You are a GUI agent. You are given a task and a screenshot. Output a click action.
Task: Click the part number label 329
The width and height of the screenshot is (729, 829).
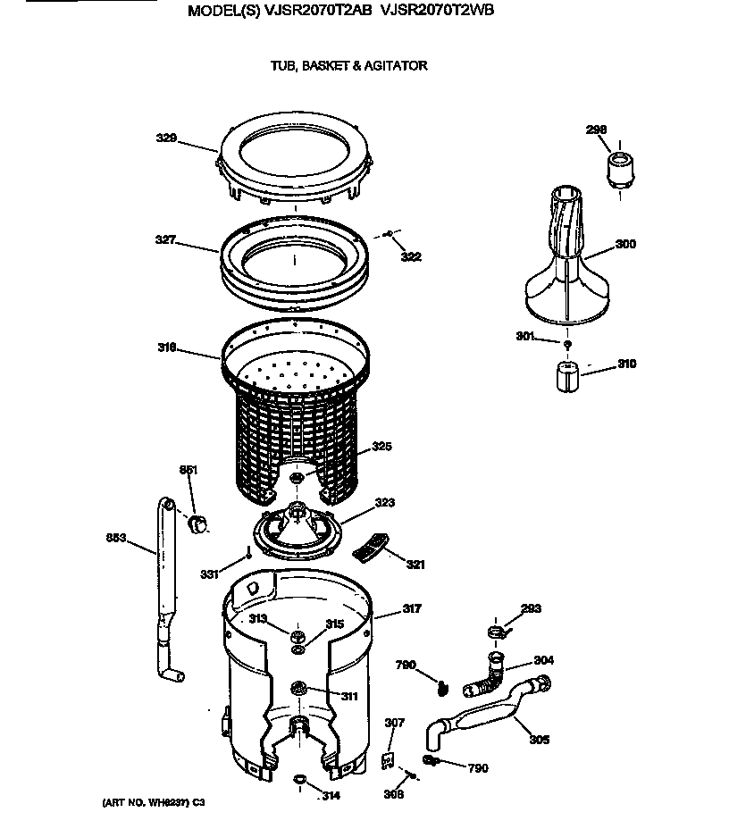pyautogui.click(x=166, y=138)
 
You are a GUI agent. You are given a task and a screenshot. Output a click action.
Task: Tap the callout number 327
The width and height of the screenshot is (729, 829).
pyautogui.click(x=164, y=239)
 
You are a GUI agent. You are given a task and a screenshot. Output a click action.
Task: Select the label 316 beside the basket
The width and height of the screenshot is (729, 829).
pyautogui.click(x=167, y=348)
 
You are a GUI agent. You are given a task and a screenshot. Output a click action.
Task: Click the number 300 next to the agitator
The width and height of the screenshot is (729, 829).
pyautogui.click(x=625, y=244)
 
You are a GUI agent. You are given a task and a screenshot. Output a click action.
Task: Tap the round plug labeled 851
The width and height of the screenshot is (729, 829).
pyautogui.click(x=199, y=522)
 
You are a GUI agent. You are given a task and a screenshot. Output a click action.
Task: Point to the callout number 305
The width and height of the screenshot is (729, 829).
pyautogui.click(x=539, y=740)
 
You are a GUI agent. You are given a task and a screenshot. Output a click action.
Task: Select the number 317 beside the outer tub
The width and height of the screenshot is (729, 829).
pyautogui.click(x=411, y=608)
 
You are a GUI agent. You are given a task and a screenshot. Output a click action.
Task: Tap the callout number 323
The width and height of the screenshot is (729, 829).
pyautogui.click(x=384, y=503)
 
